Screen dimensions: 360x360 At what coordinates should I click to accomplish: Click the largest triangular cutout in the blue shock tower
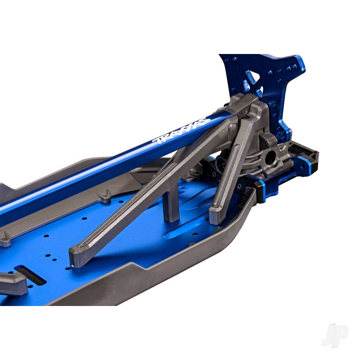pyautogui.click(x=251, y=77)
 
